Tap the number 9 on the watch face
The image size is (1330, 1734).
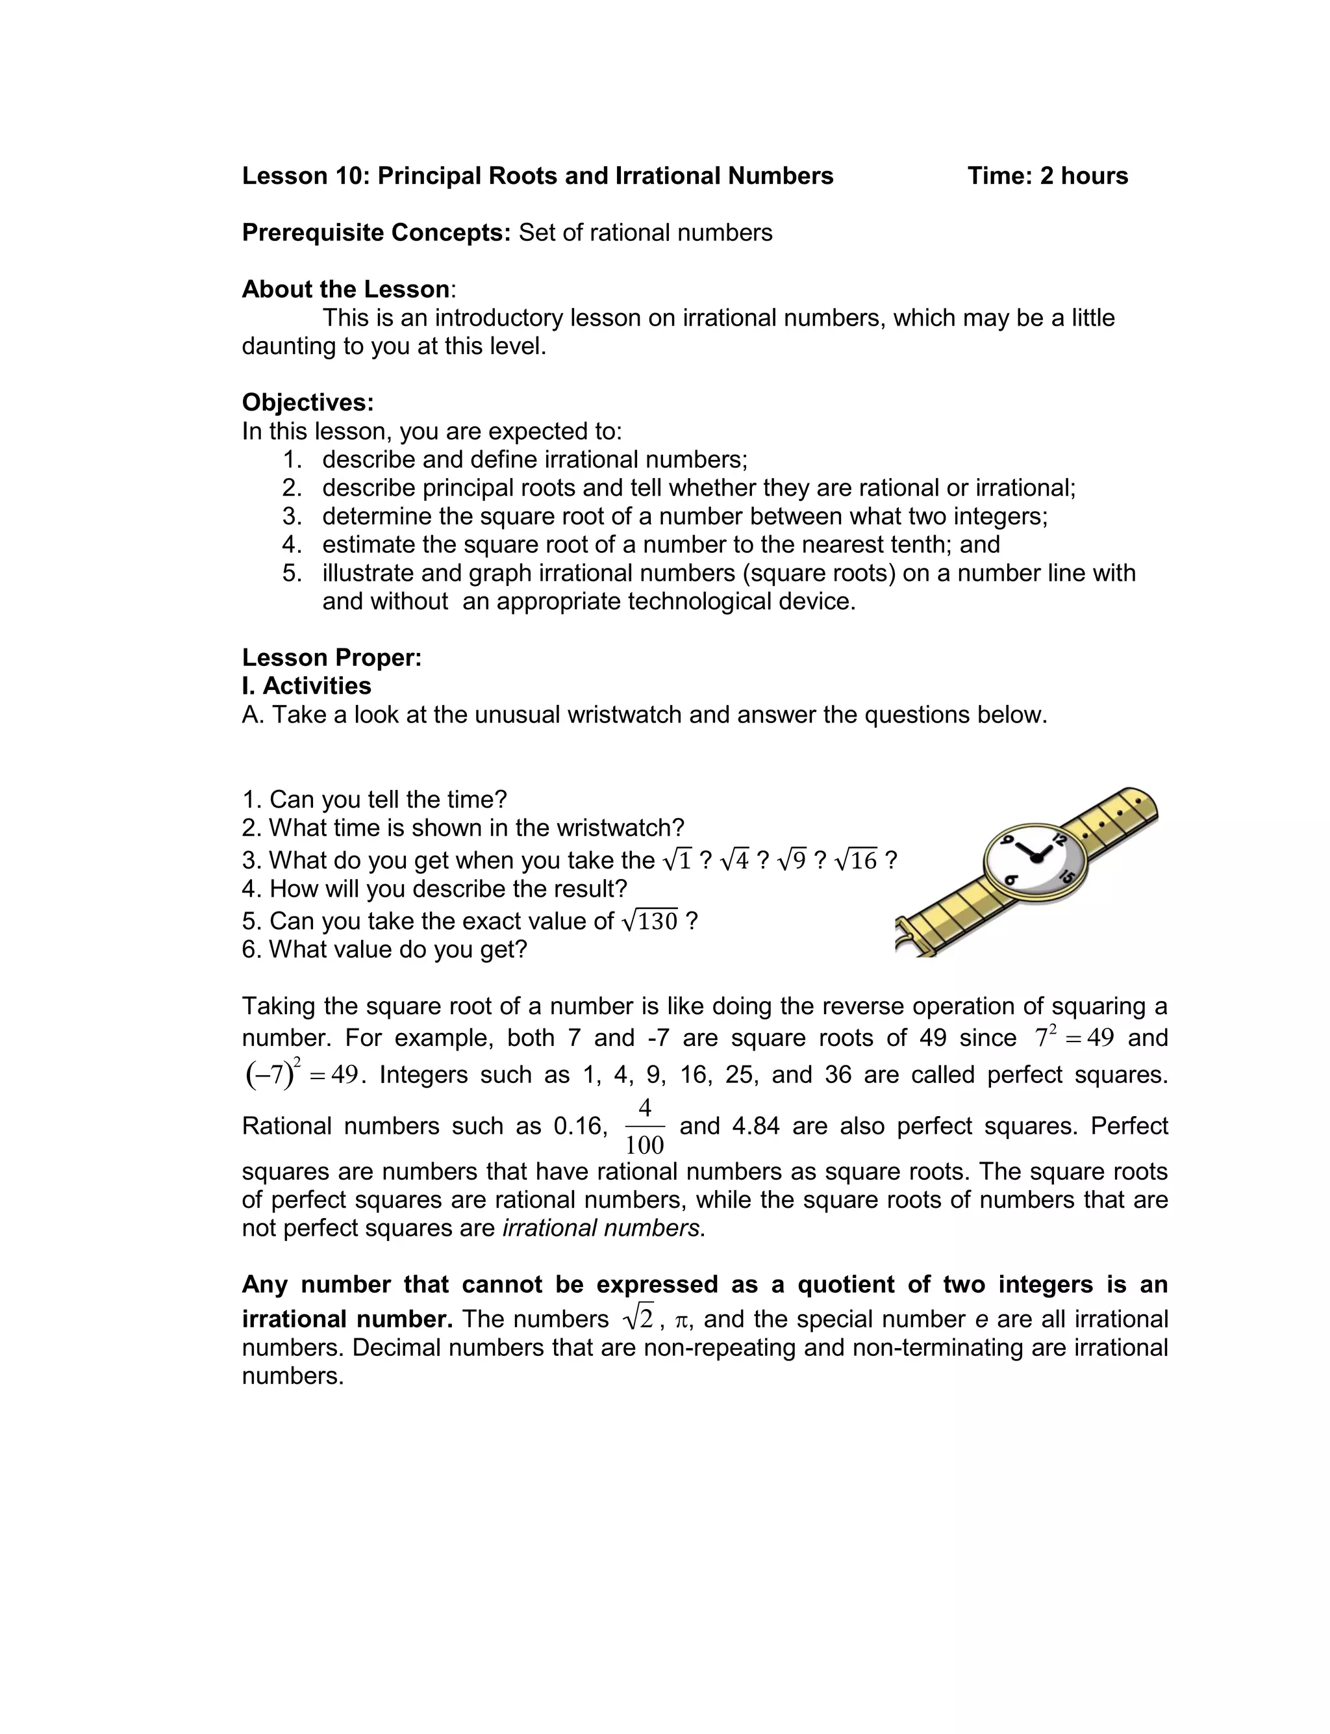point(1008,840)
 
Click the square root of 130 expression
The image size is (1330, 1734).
point(650,920)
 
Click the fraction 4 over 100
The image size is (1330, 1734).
point(644,1126)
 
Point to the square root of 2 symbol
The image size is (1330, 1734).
point(639,1318)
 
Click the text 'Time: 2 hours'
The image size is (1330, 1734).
point(1048,176)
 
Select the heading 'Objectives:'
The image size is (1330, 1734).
point(307,402)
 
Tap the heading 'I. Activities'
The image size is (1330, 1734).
point(307,685)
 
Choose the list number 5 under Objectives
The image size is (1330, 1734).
point(292,572)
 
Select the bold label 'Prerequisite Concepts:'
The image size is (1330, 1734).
point(376,233)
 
